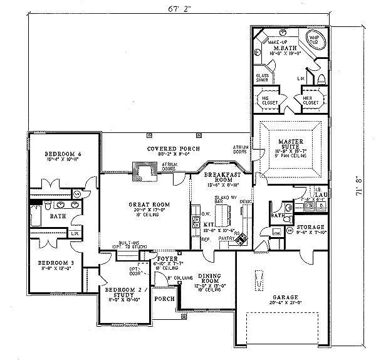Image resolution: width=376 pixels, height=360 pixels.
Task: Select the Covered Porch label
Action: click(x=165, y=149)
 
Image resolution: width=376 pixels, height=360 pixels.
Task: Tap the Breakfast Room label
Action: click(x=225, y=177)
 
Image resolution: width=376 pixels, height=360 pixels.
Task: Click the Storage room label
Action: click(x=310, y=227)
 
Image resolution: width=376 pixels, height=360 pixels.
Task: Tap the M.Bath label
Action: click(x=285, y=48)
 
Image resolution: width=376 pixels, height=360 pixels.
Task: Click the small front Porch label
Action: click(x=164, y=299)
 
